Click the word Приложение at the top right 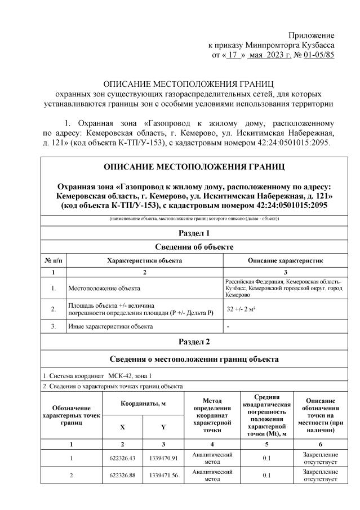pyautogui.click(x=312, y=35)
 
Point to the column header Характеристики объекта pyautogui.click(x=144, y=260)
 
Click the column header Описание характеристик pyautogui.click(x=285, y=260)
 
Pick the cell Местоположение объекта pyautogui.click(x=104, y=289)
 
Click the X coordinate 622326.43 pyautogui.click(x=122, y=458)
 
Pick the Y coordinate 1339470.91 pyautogui.click(x=163, y=458)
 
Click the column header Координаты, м pyautogui.click(x=143, y=404)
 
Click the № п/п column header pyautogui.click(x=53, y=260)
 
